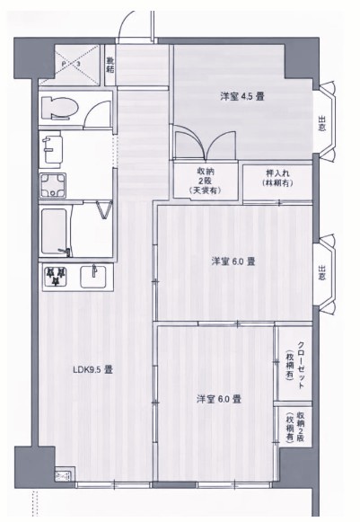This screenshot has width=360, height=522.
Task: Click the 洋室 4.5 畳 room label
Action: tap(246, 95)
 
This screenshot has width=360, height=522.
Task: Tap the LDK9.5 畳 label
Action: tap(92, 368)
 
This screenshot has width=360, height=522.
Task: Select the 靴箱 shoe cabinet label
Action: tap(110, 61)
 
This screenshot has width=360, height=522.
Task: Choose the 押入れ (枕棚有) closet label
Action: tap(277, 178)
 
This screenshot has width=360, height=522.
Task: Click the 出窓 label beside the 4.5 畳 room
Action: tap(321, 123)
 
